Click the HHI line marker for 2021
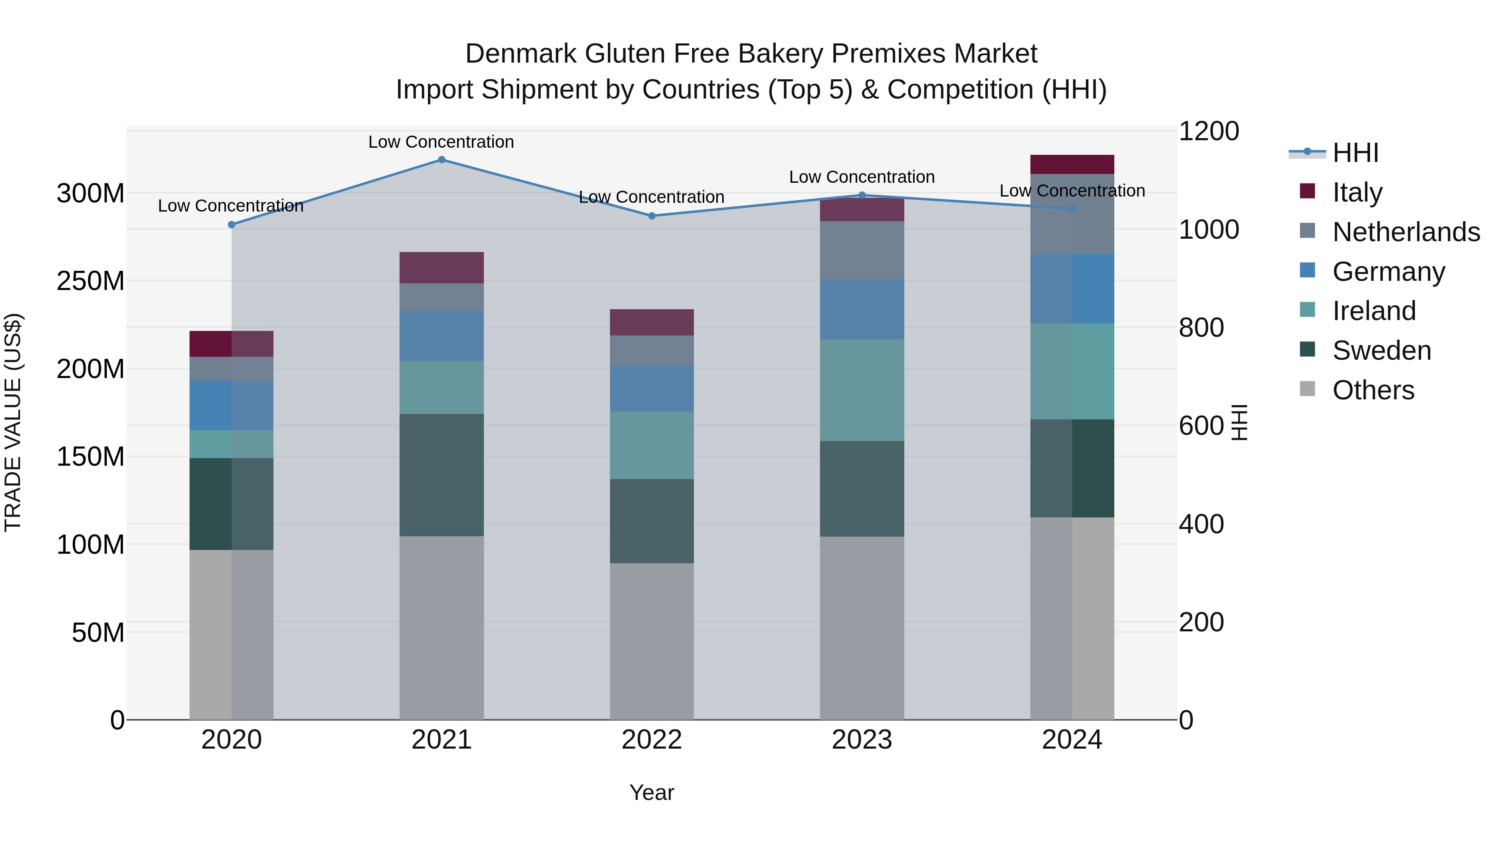(x=441, y=160)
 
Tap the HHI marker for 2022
(x=652, y=216)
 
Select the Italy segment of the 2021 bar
(x=441, y=267)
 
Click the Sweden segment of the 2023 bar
(x=862, y=489)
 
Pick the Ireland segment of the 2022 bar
(x=652, y=446)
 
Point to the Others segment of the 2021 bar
(x=441, y=628)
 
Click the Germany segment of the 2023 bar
(x=862, y=309)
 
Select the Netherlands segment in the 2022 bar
(x=652, y=351)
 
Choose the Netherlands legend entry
(x=1406, y=232)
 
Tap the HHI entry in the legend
(x=1355, y=153)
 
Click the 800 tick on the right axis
(x=1201, y=328)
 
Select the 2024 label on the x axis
(x=1072, y=740)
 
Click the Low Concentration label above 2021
(x=441, y=142)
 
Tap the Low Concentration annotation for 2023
(x=862, y=177)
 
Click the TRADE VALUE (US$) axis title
(x=13, y=422)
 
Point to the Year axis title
(x=652, y=792)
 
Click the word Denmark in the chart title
(x=521, y=54)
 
